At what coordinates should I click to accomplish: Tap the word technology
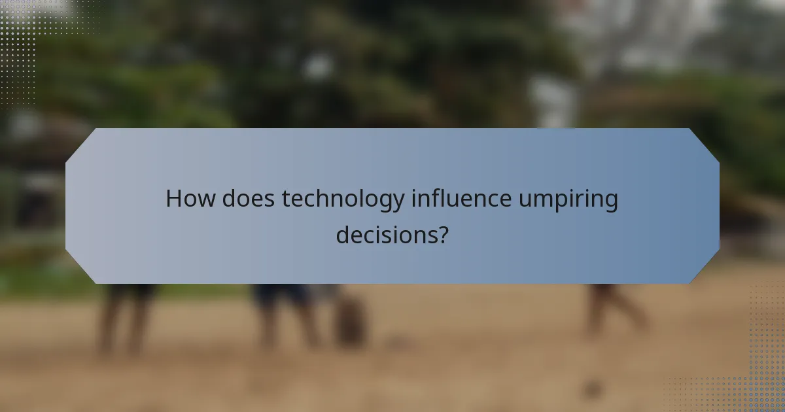tap(343, 199)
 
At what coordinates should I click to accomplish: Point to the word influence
tap(461, 199)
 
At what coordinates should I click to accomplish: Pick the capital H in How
tap(173, 199)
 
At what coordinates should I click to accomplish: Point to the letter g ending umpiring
tap(611, 203)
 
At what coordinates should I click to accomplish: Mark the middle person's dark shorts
tap(281, 294)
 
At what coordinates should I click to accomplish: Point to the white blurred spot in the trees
tap(319, 65)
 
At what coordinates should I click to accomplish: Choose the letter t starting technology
tap(285, 199)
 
